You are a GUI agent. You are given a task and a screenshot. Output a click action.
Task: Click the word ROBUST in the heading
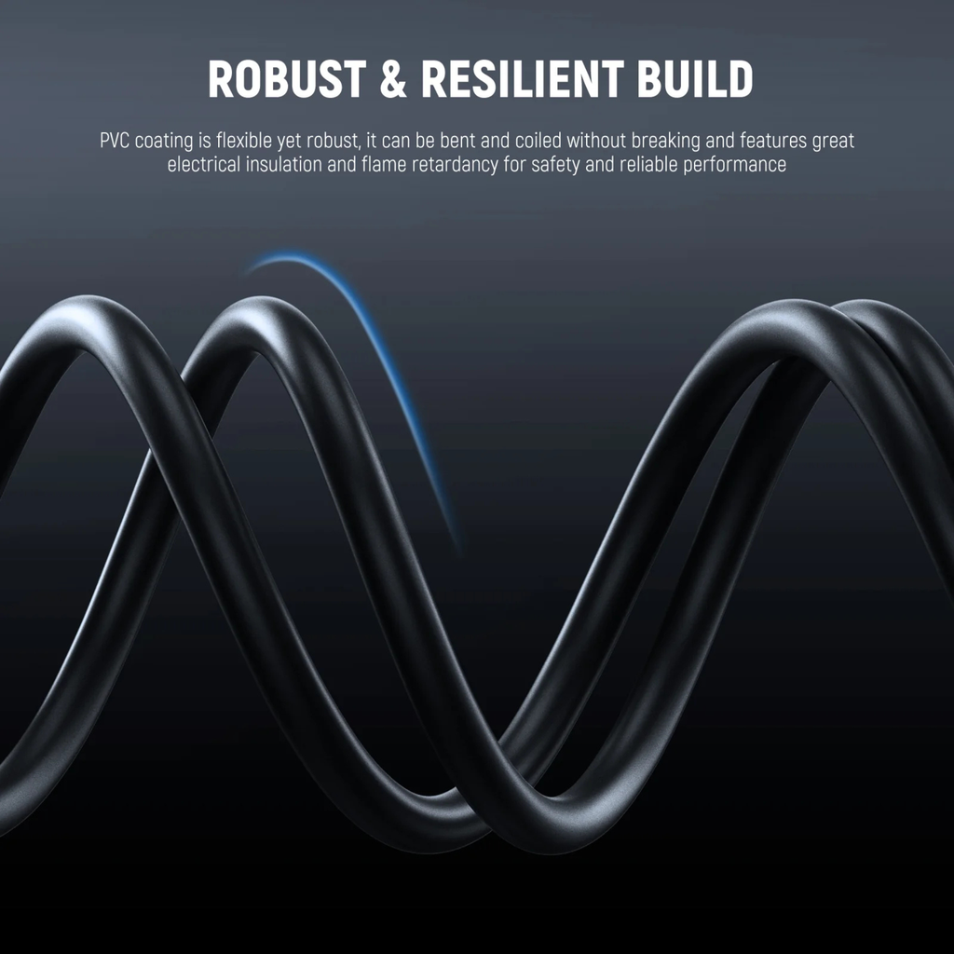[287, 78]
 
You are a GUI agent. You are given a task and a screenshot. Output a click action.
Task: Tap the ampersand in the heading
[393, 78]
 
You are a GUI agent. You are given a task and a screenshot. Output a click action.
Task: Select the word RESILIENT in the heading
[523, 78]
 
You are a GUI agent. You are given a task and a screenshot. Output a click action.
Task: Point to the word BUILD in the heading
[695, 78]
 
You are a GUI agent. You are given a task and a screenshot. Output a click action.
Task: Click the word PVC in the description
[115, 141]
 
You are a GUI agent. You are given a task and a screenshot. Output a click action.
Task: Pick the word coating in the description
[164, 142]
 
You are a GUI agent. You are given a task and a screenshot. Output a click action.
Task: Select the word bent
[457, 141]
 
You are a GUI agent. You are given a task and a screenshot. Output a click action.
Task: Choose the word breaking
[665, 142]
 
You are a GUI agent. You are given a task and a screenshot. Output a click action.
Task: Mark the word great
[833, 142]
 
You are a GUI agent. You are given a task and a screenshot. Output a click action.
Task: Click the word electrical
[204, 164]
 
